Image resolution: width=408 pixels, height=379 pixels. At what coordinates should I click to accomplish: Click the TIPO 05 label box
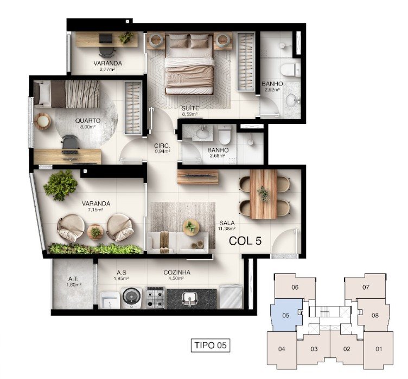coord(211,345)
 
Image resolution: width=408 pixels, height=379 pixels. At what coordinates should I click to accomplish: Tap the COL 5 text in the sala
coord(245,241)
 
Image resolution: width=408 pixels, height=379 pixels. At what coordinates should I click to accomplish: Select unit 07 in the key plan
coord(366,287)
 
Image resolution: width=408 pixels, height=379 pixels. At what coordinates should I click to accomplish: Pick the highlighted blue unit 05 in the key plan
coord(286,316)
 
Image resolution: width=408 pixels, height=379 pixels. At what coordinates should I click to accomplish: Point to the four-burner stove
coord(156,298)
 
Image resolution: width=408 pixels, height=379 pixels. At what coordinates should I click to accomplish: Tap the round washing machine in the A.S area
coord(132,297)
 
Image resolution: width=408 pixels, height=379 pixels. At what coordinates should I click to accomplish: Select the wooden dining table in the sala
coord(264,194)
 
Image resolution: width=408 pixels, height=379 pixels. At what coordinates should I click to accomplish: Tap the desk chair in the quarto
coord(70,143)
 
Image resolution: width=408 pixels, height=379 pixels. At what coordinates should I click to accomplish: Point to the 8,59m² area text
coord(190,114)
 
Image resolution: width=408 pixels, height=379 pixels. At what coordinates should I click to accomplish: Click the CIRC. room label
coord(162,146)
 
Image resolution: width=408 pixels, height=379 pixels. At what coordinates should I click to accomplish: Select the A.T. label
coord(73,279)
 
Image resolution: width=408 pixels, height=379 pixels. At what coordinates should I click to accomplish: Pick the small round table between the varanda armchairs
coord(95,232)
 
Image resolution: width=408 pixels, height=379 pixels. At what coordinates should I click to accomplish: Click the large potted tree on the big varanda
coord(61,185)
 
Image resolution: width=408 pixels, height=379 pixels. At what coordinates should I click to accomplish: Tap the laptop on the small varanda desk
coord(106,39)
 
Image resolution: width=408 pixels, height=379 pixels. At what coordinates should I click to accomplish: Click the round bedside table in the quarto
coord(42,121)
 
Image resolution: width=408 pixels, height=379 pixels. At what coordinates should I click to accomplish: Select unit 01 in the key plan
coord(379,349)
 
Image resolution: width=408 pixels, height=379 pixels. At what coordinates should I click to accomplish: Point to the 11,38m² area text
coord(227,228)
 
